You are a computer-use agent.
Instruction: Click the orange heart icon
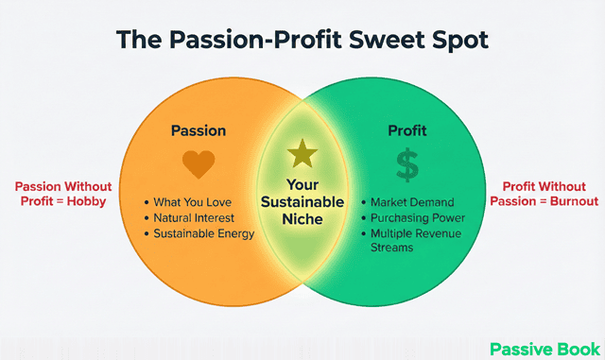tap(199, 164)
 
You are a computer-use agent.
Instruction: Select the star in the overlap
tap(302, 153)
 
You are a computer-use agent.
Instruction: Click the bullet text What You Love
tap(193, 202)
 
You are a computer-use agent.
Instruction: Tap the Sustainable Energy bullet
tap(205, 232)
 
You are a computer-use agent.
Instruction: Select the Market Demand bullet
tap(412, 202)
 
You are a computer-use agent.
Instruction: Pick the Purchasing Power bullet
tap(417, 217)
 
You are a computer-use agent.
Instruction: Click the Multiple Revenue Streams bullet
tap(417, 232)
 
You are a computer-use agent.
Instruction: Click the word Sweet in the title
tap(372, 40)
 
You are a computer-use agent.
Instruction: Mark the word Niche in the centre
tap(302, 219)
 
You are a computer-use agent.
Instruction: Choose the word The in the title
tap(138, 40)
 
